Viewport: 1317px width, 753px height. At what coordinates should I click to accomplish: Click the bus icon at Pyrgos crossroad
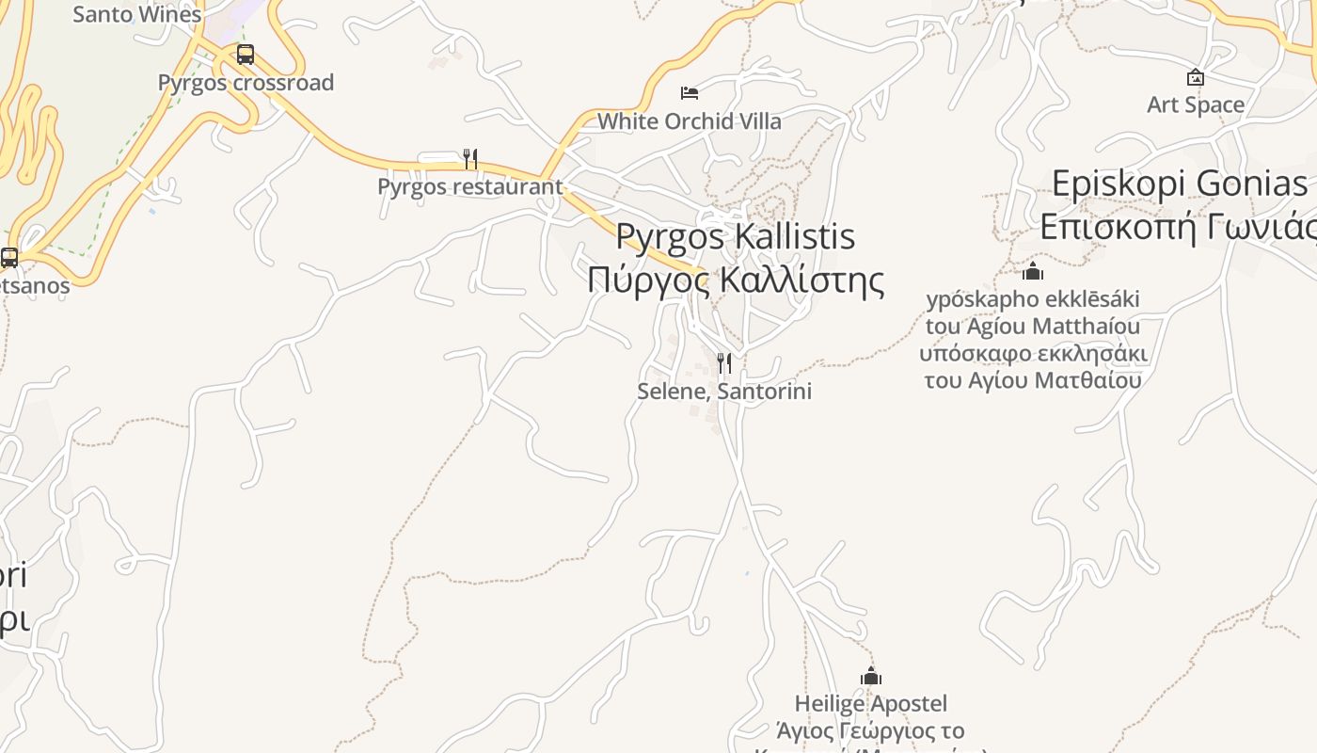click(x=246, y=54)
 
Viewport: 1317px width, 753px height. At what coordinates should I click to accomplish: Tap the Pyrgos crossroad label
click(x=246, y=83)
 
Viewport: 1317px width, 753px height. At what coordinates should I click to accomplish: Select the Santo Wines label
click(x=137, y=14)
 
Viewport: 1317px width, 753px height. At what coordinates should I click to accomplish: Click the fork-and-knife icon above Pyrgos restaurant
click(x=470, y=158)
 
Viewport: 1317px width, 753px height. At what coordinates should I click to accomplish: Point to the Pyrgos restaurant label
click(x=469, y=186)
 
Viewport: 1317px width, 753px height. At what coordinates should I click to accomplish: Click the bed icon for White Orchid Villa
click(x=690, y=92)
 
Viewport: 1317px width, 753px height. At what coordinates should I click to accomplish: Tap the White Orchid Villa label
click(x=690, y=121)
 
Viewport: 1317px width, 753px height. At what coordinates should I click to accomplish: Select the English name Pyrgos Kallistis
click(x=736, y=235)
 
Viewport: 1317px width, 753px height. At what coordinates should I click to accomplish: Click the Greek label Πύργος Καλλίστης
click(x=736, y=280)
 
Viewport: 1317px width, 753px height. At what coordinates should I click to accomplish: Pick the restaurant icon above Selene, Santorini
click(x=724, y=362)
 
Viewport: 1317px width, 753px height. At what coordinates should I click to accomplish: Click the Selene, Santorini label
click(x=724, y=391)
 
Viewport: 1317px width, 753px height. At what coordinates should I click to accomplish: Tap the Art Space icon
click(x=1196, y=77)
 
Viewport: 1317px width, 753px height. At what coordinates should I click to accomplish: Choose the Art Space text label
click(x=1196, y=104)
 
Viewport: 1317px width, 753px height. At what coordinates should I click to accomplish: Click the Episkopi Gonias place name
click(x=1180, y=184)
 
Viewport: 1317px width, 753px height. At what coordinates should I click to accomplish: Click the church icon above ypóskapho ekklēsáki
click(x=1033, y=271)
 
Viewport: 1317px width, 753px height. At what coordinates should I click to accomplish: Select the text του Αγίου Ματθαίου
click(x=1033, y=380)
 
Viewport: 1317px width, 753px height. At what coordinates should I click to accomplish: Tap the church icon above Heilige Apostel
click(x=871, y=676)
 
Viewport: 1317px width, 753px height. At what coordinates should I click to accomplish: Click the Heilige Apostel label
click(x=871, y=703)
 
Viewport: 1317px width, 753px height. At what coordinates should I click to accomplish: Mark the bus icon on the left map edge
click(x=9, y=257)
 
